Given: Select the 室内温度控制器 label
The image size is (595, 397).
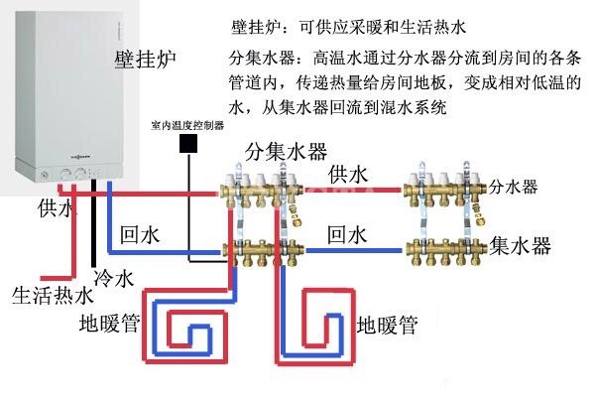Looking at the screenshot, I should pyautogui.click(x=185, y=126).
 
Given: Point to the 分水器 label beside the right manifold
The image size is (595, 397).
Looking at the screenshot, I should pyautogui.click(x=516, y=186).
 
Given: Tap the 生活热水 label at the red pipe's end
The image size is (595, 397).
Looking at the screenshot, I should pyautogui.click(x=52, y=295).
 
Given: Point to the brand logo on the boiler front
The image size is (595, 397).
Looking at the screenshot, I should pyautogui.click(x=78, y=158).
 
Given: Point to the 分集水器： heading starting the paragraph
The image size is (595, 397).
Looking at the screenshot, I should pyautogui.click(x=263, y=56).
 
